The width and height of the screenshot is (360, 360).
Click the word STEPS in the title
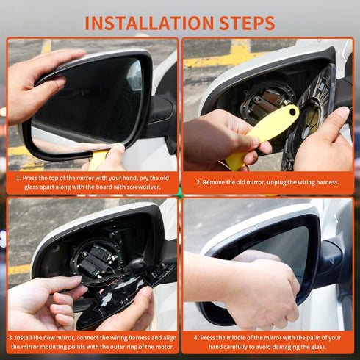pyautogui.click(x=242, y=21)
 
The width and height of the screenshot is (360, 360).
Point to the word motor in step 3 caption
pyautogui.click(x=154, y=346)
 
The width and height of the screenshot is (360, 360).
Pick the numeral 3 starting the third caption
pyautogui.click(x=11, y=338)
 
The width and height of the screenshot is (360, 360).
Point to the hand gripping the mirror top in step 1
pyautogui.click(x=37, y=81)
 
